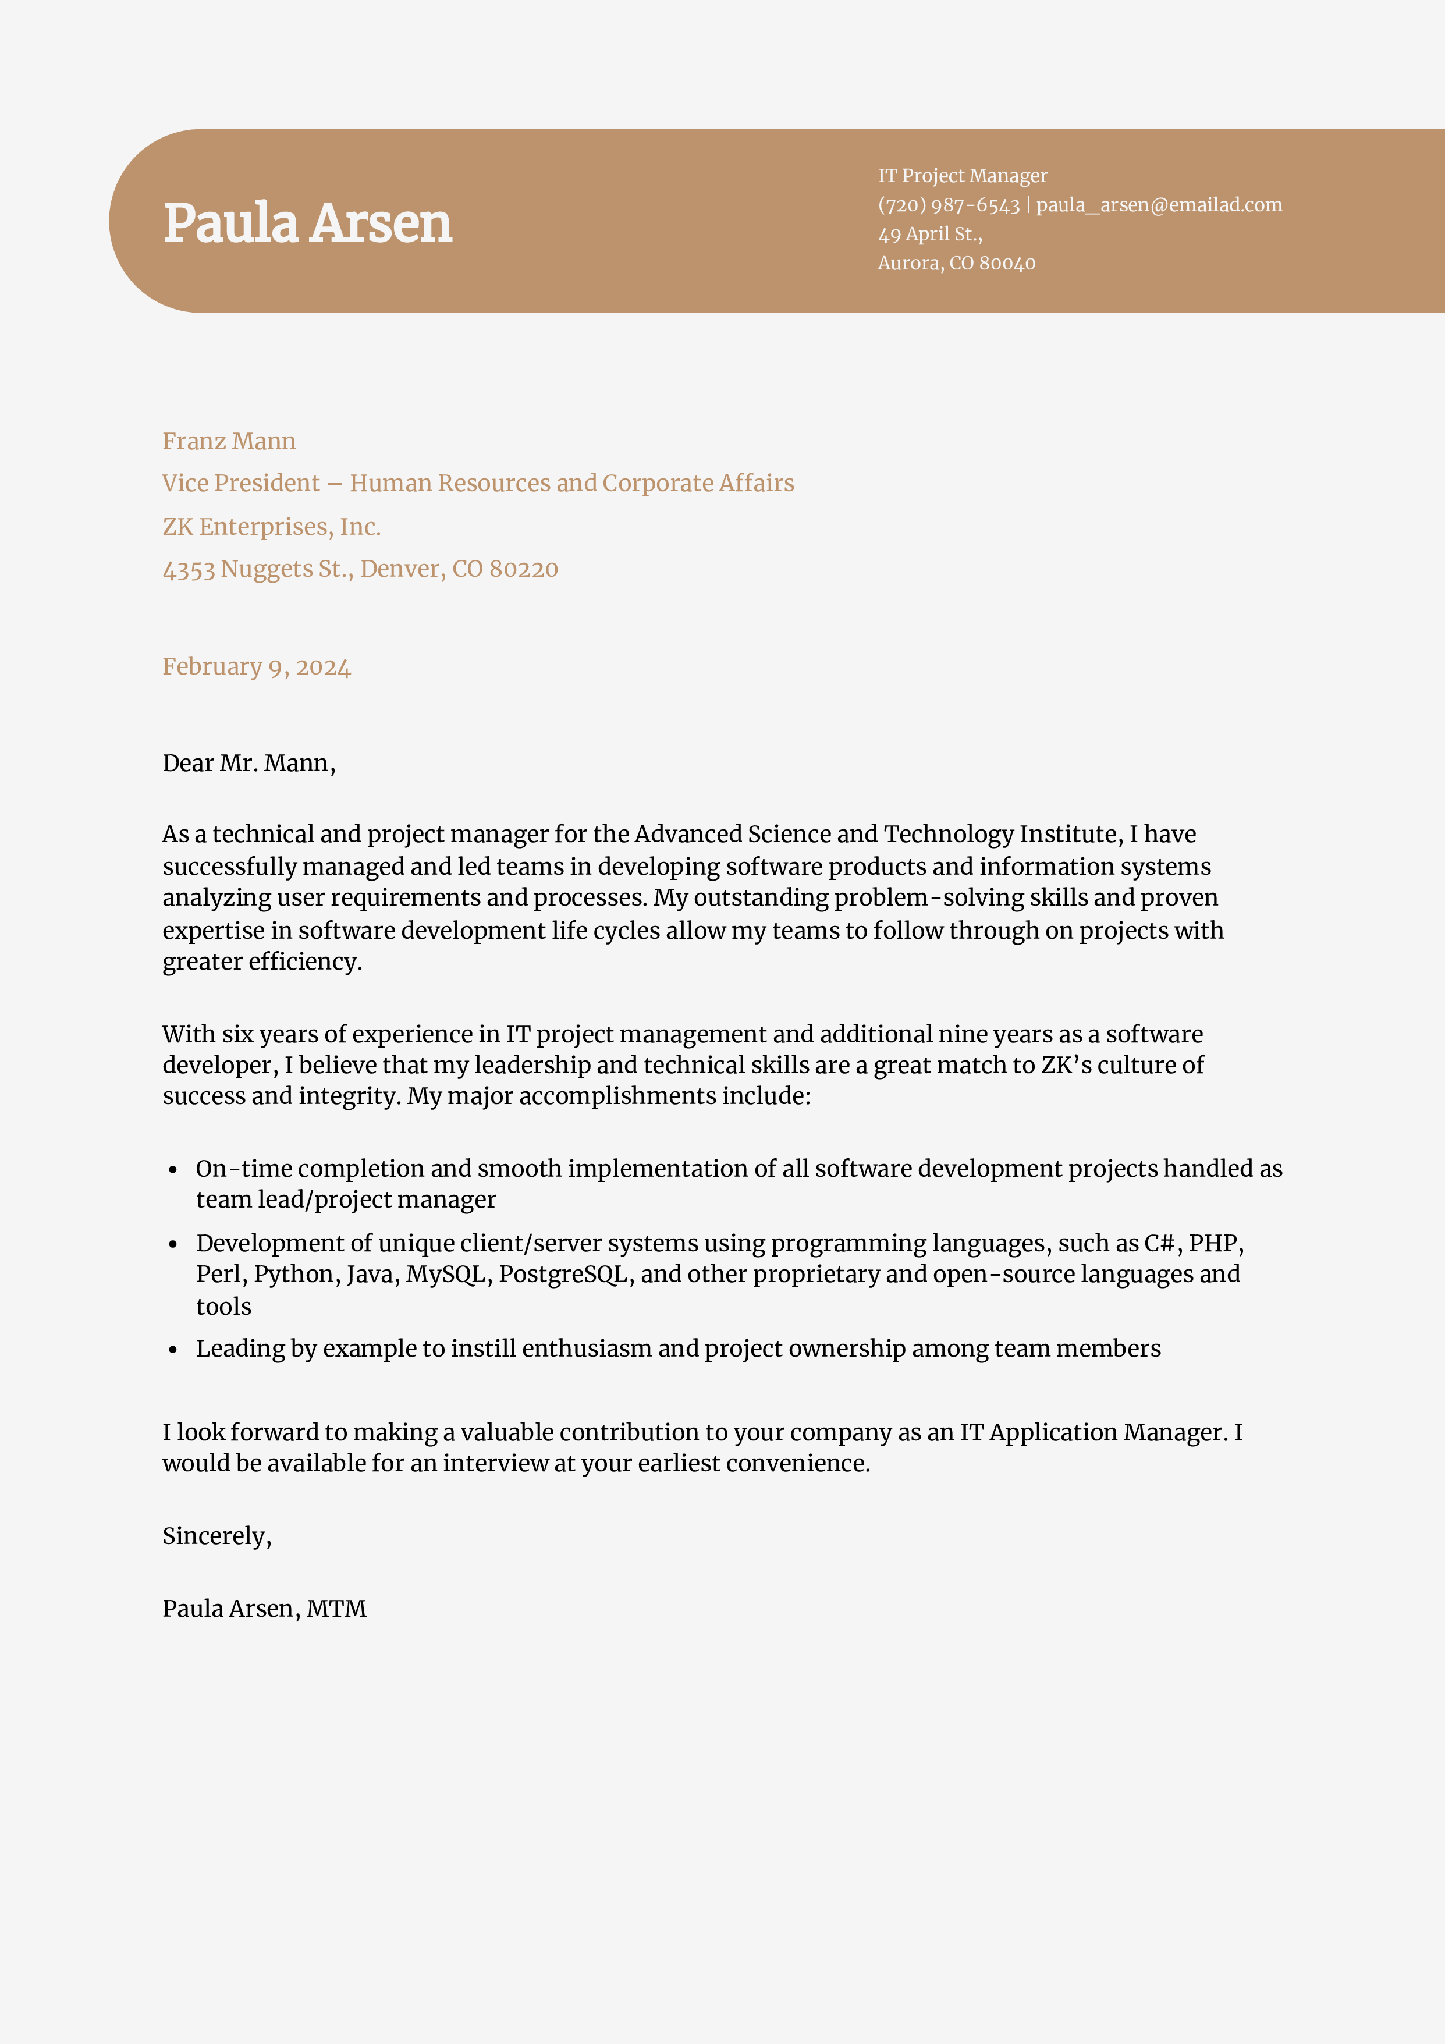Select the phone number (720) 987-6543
[948, 205]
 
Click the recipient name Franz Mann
[229, 442]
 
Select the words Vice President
[240, 484]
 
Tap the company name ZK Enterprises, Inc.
[272, 527]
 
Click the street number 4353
[189, 570]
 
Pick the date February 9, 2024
[257, 667]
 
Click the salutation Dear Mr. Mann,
[248, 763]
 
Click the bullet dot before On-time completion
[173, 1170]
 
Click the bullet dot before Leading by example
[173, 1350]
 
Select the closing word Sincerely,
[216, 1536]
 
